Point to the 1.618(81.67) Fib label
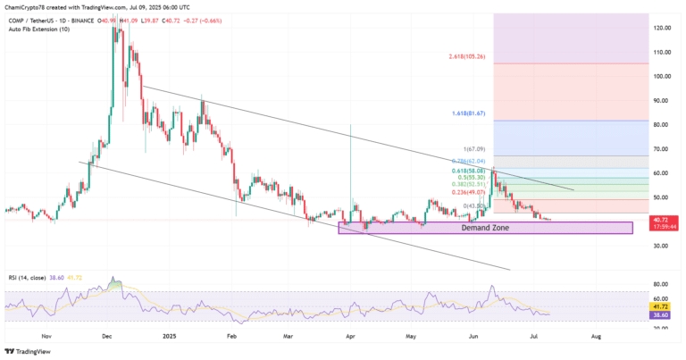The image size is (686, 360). coord(467,113)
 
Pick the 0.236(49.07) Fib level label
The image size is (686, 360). coord(470,191)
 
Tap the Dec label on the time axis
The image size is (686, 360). coord(107,339)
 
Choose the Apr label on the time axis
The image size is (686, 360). coord(350,339)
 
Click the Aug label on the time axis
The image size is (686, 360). coord(596,339)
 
